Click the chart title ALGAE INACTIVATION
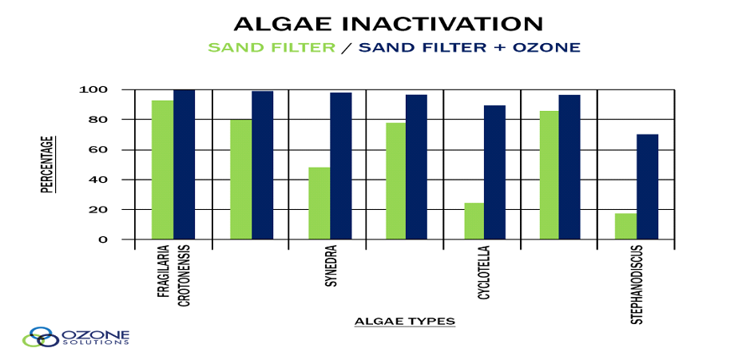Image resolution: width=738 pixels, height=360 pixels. coord(388,24)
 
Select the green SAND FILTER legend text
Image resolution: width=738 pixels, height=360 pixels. coord(272,48)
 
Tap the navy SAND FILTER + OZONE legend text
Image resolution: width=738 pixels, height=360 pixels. coord(470,48)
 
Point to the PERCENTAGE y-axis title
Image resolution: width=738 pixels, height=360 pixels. coord(46,164)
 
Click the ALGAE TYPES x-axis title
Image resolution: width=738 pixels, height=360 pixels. coord(405,322)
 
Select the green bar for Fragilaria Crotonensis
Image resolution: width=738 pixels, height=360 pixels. coord(162,170)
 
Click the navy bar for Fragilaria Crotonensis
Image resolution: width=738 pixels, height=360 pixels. coord(184,164)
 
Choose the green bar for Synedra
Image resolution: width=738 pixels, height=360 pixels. coord(319,204)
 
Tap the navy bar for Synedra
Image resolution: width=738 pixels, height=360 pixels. coord(341,166)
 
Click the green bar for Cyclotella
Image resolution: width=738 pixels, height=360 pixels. coord(474,221)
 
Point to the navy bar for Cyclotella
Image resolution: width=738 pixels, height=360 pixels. coord(494,172)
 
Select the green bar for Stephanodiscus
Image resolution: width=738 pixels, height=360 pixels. coord(625,227)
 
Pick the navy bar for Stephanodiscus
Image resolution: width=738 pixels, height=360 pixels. coord(647,187)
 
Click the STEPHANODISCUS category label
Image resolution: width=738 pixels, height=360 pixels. coord(637,285)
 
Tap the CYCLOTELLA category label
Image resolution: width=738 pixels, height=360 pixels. coord(483,273)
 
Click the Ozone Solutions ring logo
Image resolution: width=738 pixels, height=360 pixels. coord(40,337)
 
